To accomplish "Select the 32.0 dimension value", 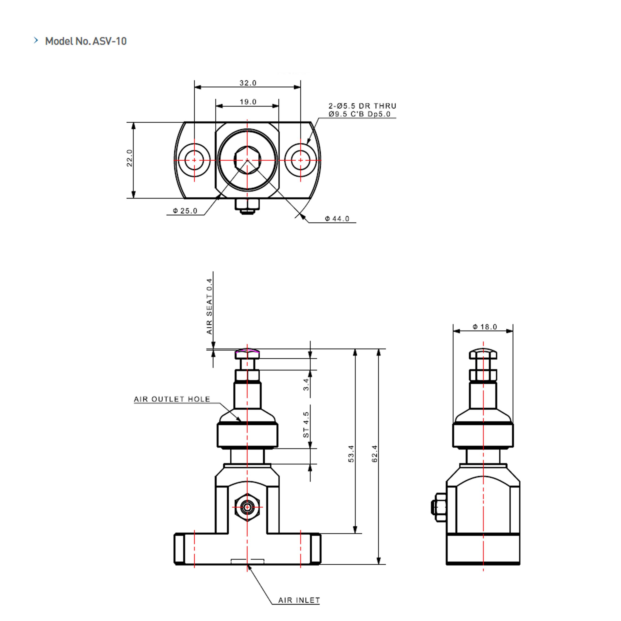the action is [x=248, y=83].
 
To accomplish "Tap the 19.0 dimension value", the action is [x=248, y=102].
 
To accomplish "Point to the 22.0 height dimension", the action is [x=129, y=158].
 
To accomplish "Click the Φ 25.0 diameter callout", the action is [x=185, y=211].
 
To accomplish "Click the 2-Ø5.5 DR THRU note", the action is [x=362, y=106].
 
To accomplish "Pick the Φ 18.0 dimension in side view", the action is [x=485, y=327].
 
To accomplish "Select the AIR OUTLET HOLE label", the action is [x=172, y=399].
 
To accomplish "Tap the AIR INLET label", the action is [x=299, y=600].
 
